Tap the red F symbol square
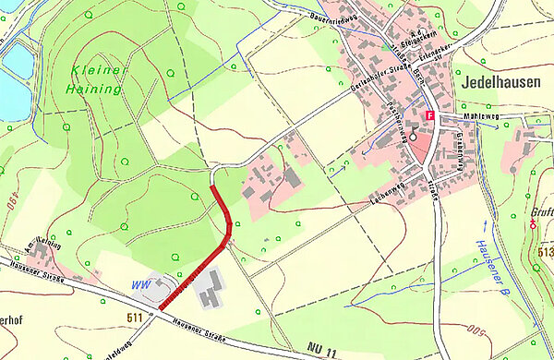[429, 114]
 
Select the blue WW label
[141, 282]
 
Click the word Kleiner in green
[95, 71]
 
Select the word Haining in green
[94, 90]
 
